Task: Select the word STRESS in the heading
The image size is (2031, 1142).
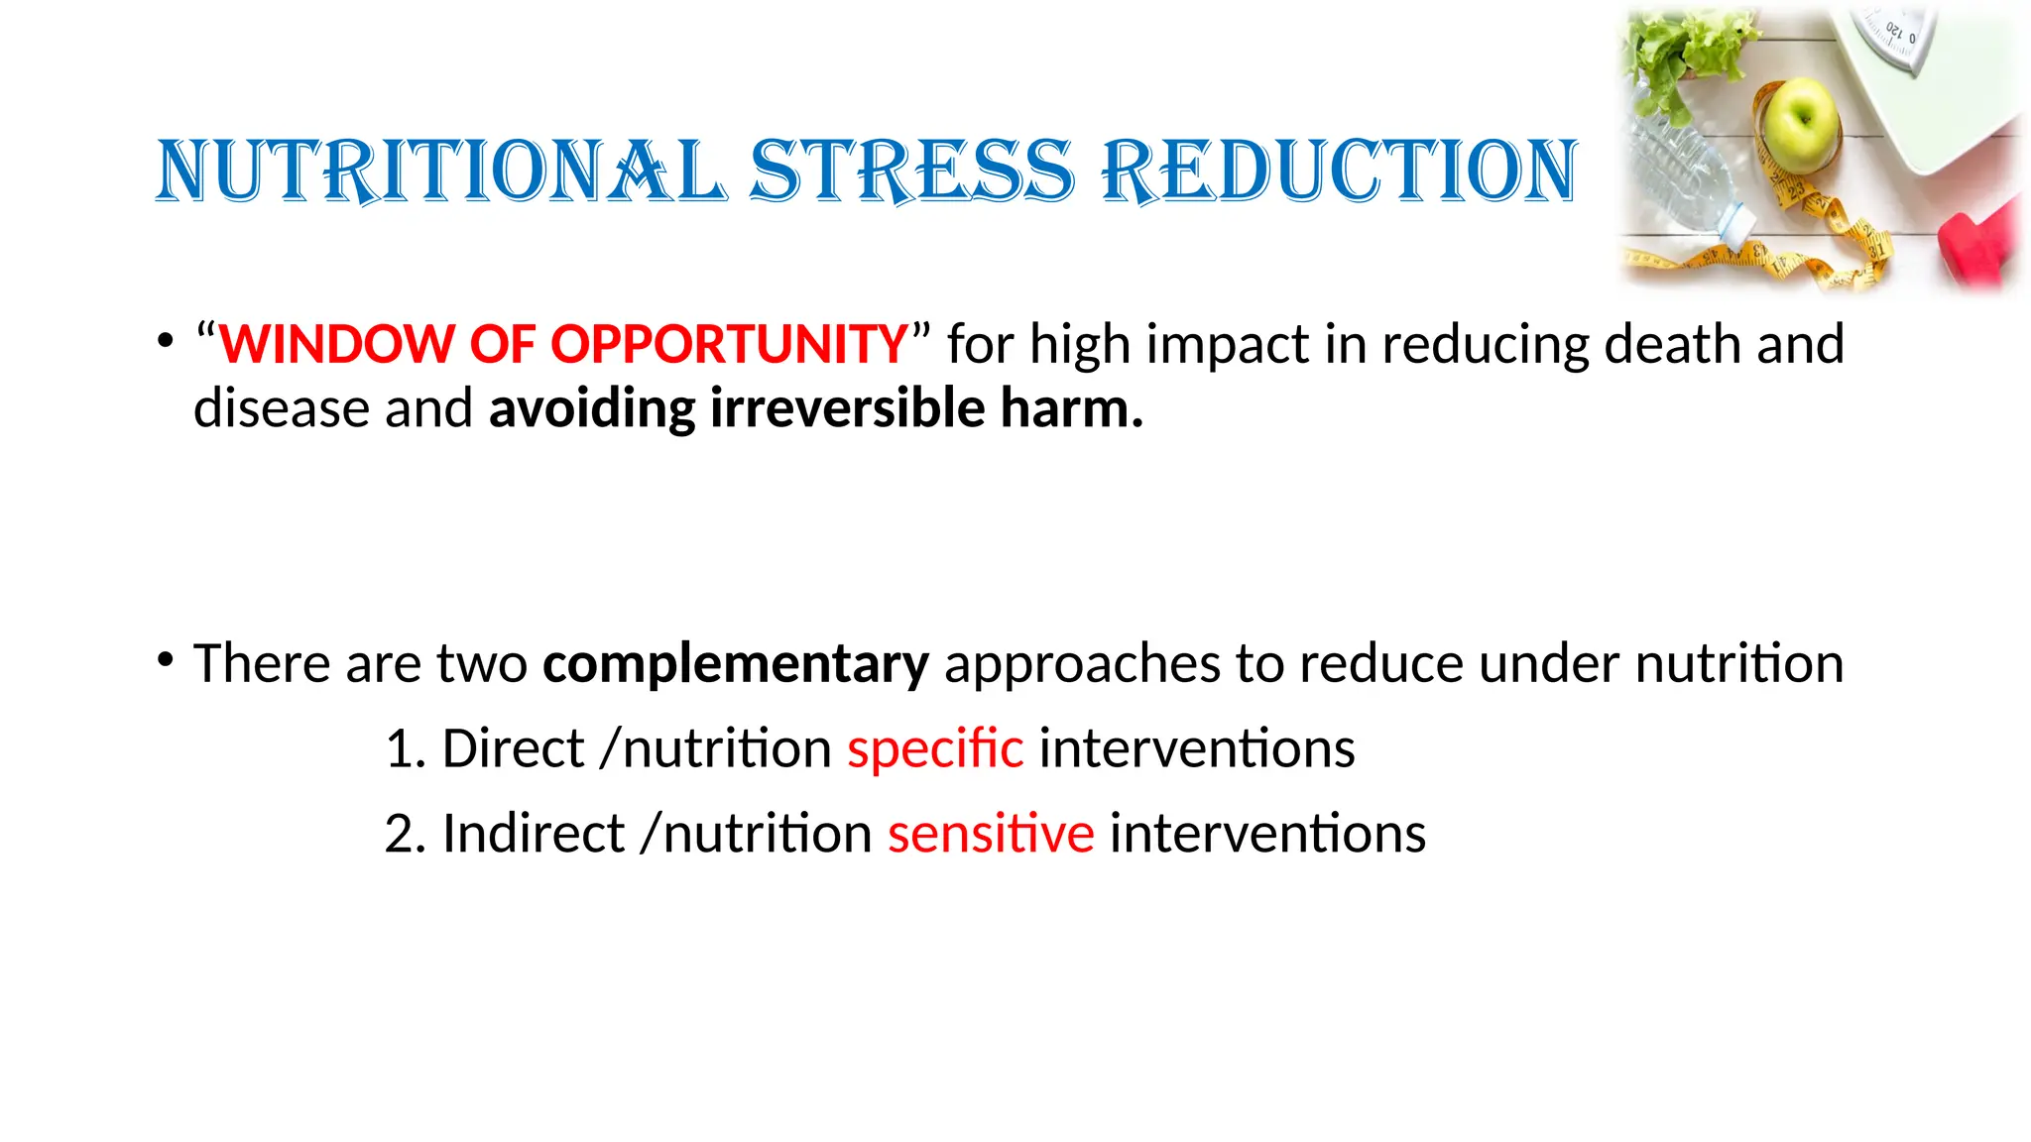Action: tap(911, 171)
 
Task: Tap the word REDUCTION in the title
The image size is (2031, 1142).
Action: tap(1339, 171)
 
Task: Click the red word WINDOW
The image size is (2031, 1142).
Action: tap(336, 344)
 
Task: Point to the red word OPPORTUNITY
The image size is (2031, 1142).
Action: tap(729, 344)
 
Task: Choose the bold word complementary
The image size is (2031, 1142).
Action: tap(736, 663)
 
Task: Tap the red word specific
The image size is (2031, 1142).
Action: tap(935, 748)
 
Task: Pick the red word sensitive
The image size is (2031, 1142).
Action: tap(991, 834)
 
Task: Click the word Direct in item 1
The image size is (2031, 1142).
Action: tap(513, 748)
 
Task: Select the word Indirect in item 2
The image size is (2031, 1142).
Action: tap(534, 834)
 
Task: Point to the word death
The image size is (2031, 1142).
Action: tap(1672, 344)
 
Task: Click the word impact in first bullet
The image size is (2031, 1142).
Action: tap(1228, 346)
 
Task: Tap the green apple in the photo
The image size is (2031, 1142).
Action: tap(1801, 117)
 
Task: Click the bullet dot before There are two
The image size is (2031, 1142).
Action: tap(166, 659)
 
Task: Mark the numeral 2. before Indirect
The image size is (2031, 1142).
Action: tap(405, 834)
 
